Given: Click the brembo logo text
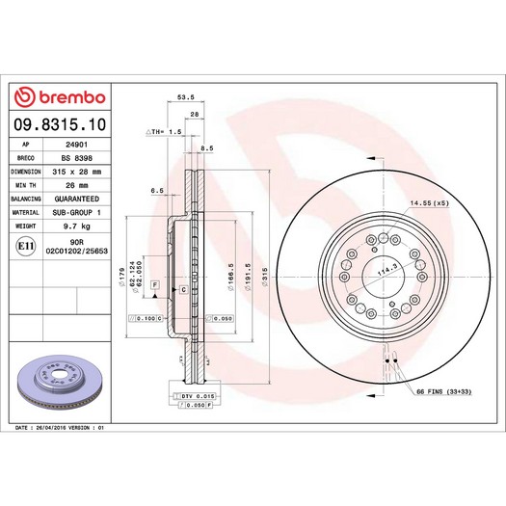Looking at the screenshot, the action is [x=72, y=97].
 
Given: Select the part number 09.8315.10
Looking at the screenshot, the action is [x=60, y=124].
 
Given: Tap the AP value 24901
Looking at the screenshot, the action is [x=77, y=145].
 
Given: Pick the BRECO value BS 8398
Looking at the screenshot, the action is [x=77, y=158].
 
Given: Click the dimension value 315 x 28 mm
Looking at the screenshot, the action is [x=77, y=172].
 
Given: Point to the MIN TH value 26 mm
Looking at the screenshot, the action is [x=77, y=185].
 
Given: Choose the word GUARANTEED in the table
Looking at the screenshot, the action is [x=77, y=199].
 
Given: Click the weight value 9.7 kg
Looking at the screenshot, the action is [x=77, y=226].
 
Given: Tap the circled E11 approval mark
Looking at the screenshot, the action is [x=26, y=246].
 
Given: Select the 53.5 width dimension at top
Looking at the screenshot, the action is [x=186, y=96].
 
